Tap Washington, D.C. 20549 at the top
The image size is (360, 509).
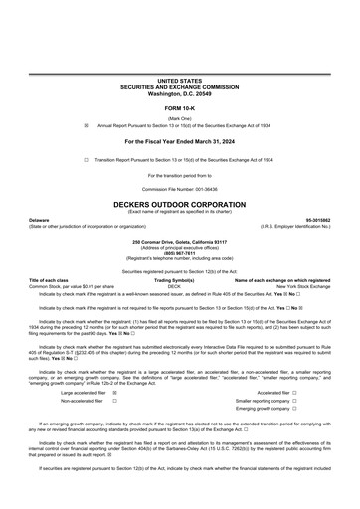179,90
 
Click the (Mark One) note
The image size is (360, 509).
179,117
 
